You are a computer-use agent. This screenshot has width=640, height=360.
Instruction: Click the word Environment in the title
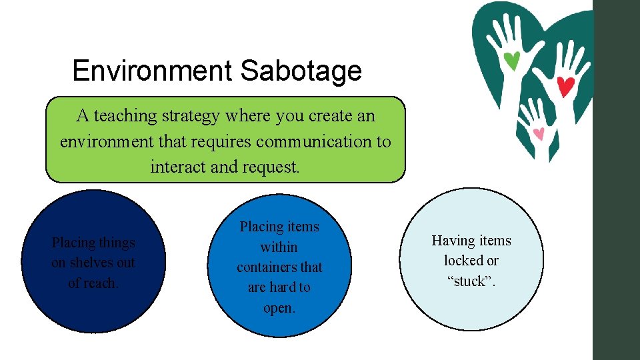point(153,71)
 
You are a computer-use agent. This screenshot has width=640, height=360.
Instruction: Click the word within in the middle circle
point(279,247)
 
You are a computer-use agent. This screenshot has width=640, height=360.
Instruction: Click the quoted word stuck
point(471,281)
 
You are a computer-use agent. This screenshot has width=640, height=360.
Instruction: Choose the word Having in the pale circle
point(453,241)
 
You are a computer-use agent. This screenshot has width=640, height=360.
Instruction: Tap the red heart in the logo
point(565,86)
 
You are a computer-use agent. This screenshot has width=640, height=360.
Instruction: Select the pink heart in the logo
point(539,133)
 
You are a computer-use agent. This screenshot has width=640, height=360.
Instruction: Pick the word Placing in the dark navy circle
point(72,243)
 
